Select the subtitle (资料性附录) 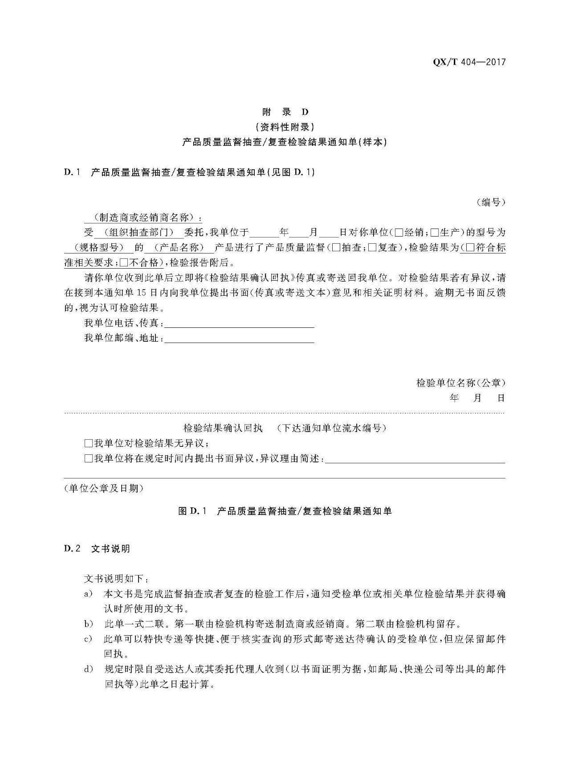tap(285, 127)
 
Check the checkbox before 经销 tap(399, 233)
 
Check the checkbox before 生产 tap(435, 233)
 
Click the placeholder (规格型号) tap(99, 248)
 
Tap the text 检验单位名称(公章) tap(461, 383)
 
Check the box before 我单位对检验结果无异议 tap(88, 444)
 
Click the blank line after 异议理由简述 tap(415, 459)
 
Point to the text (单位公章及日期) tap(104, 489)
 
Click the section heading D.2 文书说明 tap(97, 549)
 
